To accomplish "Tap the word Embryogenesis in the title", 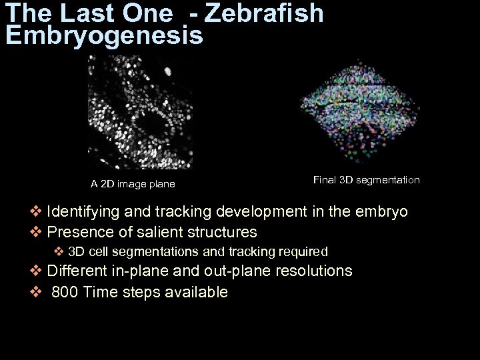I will click(104, 36).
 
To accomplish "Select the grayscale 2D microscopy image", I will click(140, 112).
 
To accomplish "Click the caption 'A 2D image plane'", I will click(133, 184).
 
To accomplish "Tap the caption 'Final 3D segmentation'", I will click(366, 180).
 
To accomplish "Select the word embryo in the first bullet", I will click(382, 212).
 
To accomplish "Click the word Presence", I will click(77, 232).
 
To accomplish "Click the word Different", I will click(76, 271).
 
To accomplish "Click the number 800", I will click(64, 292).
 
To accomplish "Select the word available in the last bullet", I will click(198, 292).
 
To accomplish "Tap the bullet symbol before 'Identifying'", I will click(36, 212).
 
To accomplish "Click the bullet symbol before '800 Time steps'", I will click(36, 292).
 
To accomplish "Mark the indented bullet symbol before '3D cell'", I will click(59, 252).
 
